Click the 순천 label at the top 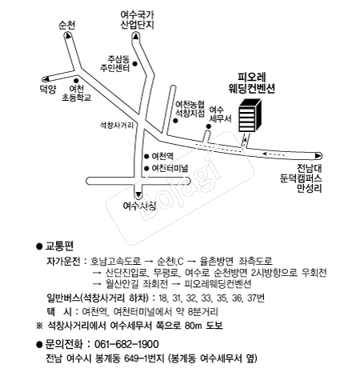[x=67, y=26]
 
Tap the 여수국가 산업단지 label [x=138, y=19]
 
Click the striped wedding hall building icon [x=250, y=115]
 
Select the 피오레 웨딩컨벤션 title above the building [x=252, y=83]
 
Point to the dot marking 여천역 [x=146, y=157]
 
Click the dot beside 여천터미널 [x=146, y=169]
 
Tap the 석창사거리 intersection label [x=117, y=125]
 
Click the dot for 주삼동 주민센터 [x=135, y=64]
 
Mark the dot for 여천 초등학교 [x=76, y=81]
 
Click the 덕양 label [x=48, y=90]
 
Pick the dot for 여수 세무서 [x=209, y=126]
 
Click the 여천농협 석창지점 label [x=190, y=109]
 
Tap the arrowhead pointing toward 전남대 [x=318, y=156]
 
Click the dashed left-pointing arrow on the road [x=274, y=154]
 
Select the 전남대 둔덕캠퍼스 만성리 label [x=301, y=178]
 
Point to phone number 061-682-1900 [x=126, y=344]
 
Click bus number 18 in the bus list [x=162, y=298]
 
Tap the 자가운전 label [x=63, y=261]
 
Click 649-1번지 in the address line [x=144, y=358]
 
